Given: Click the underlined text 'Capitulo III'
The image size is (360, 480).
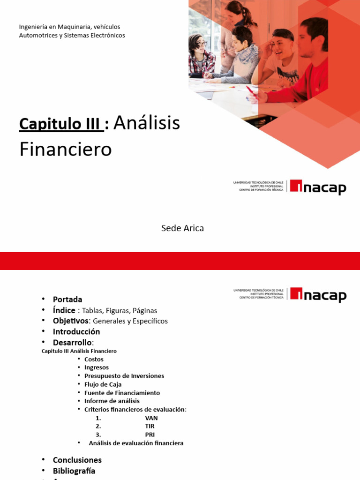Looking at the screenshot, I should [60, 124].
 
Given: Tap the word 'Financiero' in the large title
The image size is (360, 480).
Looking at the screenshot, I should [66, 150].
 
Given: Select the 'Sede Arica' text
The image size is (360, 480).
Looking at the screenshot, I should [182, 228].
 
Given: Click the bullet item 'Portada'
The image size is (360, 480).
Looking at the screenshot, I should [67, 300].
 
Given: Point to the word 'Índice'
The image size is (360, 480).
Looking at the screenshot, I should [64, 310].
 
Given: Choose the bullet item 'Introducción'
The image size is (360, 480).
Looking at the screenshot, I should [76, 332].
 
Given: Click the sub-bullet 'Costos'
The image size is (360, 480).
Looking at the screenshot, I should [94, 360].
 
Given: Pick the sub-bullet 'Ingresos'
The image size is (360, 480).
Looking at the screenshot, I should [97, 367].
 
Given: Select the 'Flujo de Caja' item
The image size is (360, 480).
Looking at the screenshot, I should [103, 384].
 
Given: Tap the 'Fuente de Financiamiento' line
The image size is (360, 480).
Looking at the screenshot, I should [122, 393].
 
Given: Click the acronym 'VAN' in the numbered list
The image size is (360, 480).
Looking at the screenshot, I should [151, 418].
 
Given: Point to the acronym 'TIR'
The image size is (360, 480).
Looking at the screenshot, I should [150, 426].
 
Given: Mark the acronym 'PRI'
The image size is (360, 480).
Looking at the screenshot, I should [150, 435].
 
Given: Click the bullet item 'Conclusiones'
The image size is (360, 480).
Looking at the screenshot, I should [77, 460].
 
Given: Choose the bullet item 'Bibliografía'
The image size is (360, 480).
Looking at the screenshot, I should [74, 471].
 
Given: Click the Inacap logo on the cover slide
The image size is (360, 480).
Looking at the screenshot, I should [318, 187].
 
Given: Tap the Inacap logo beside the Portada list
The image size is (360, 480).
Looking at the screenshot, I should [318, 295].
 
